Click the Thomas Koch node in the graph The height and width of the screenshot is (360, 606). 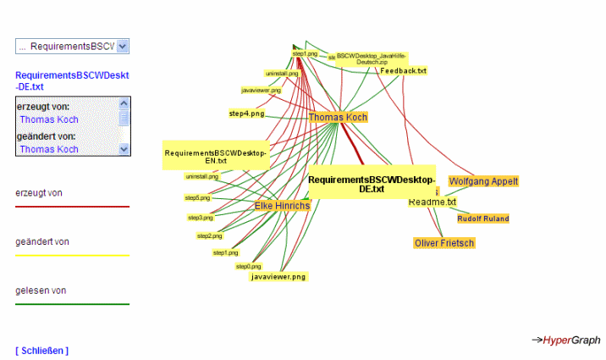(x=338, y=117)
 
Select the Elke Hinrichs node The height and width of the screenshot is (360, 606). (x=282, y=206)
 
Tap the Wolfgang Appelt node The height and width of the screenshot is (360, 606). (x=482, y=181)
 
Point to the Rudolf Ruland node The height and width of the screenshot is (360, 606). (x=482, y=219)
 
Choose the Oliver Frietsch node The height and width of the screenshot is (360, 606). (x=444, y=243)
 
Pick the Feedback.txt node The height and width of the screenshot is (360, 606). (x=403, y=71)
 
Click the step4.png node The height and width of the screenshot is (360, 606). (x=246, y=113)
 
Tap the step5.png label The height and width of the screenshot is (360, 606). (x=199, y=197)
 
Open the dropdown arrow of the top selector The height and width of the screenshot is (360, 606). (x=123, y=47)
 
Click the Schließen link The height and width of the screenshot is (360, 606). (x=42, y=350)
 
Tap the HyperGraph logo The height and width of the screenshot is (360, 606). (x=566, y=340)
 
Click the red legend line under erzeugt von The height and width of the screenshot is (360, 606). (x=72, y=206)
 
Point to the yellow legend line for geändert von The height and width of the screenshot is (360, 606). (x=72, y=255)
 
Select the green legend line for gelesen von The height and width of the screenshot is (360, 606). (x=72, y=303)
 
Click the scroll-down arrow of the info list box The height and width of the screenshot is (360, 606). (x=124, y=149)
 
